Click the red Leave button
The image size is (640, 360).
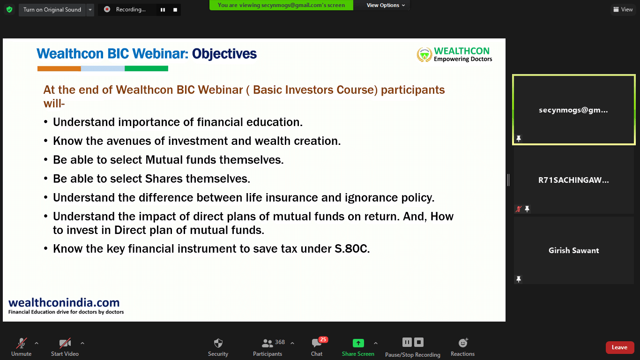619,347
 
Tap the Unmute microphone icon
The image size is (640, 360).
22,343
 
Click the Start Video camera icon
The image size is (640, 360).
65,343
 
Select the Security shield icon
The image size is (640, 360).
218,343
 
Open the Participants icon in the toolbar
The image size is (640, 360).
267,343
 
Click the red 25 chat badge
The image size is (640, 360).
323,339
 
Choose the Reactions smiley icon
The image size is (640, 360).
463,343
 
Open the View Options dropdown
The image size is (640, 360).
386,5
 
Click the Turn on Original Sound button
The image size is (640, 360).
52,10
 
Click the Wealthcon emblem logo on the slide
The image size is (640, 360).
424,55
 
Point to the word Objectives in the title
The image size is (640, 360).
224,54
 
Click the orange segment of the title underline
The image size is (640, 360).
59,68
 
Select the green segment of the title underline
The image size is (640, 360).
146,68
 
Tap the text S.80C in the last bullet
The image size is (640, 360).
352,249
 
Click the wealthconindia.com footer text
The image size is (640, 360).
64,302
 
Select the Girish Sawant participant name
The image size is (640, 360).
574,250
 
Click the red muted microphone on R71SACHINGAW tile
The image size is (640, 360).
519,209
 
